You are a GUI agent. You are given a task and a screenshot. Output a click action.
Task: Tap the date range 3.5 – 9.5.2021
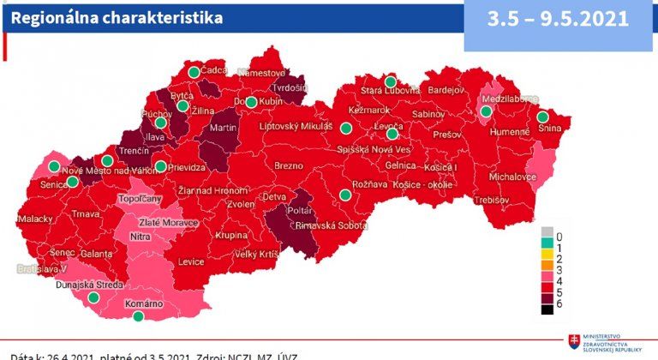558,19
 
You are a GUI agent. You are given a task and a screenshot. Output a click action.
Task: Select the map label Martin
223,128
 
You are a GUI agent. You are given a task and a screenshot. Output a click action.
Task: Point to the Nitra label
140,237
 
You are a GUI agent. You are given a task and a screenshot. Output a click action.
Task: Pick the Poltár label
300,208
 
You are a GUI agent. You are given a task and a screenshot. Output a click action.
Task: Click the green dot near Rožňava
345,195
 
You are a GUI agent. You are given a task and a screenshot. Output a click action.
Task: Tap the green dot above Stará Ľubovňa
390,81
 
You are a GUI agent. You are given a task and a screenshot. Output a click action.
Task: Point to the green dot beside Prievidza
160,166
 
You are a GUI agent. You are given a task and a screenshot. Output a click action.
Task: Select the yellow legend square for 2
545,258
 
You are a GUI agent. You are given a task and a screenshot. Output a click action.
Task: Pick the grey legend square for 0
545,232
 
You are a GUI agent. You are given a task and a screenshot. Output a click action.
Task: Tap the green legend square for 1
545,245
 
